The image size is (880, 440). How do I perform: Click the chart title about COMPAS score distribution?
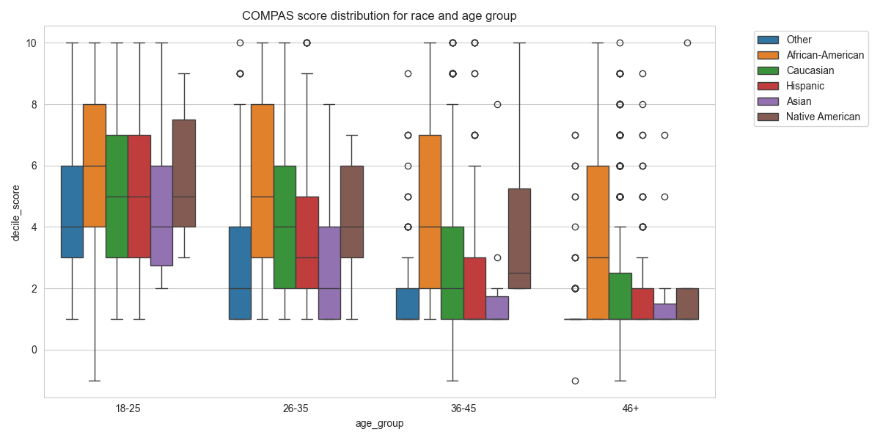point(379,15)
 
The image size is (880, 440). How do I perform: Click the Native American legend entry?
point(822,117)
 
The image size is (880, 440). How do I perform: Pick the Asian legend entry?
point(799,101)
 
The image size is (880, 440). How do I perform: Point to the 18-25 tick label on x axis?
point(128,408)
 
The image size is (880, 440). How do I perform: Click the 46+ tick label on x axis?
point(631,408)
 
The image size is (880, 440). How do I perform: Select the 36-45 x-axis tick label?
point(463,408)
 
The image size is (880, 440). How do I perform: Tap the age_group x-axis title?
point(379,423)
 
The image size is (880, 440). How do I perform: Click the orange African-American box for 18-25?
point(95,166)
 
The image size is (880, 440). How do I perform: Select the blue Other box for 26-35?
point(240,273)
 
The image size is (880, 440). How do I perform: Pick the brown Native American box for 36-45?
point(519,238)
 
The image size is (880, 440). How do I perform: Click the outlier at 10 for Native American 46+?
point(687,43)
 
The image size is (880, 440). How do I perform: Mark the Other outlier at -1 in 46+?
point(575,381)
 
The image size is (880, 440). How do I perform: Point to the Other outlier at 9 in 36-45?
point(408,73)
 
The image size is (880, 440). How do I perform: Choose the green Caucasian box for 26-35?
point(285,227)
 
